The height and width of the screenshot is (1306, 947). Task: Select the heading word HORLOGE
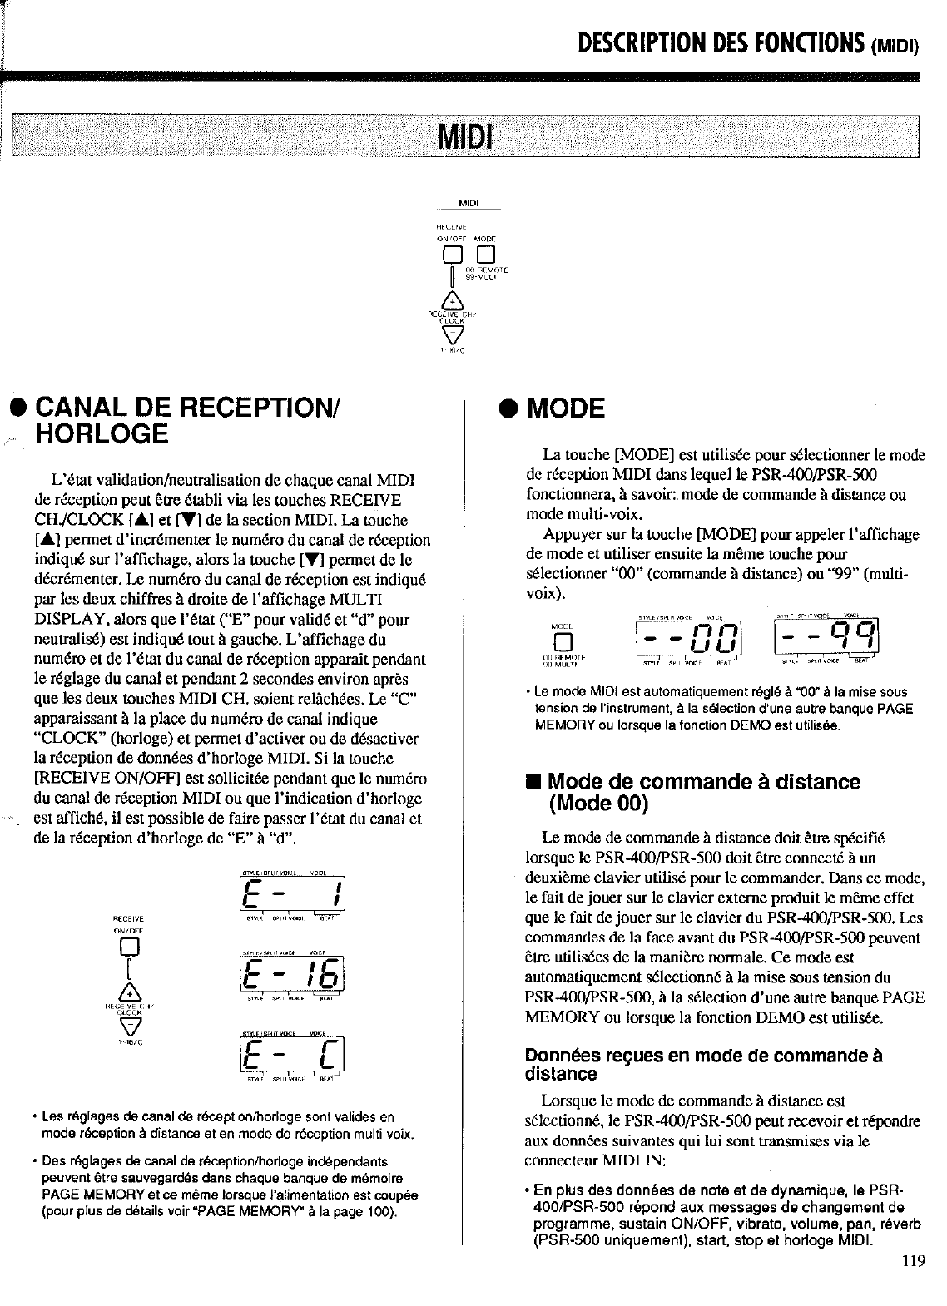point(102,433)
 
